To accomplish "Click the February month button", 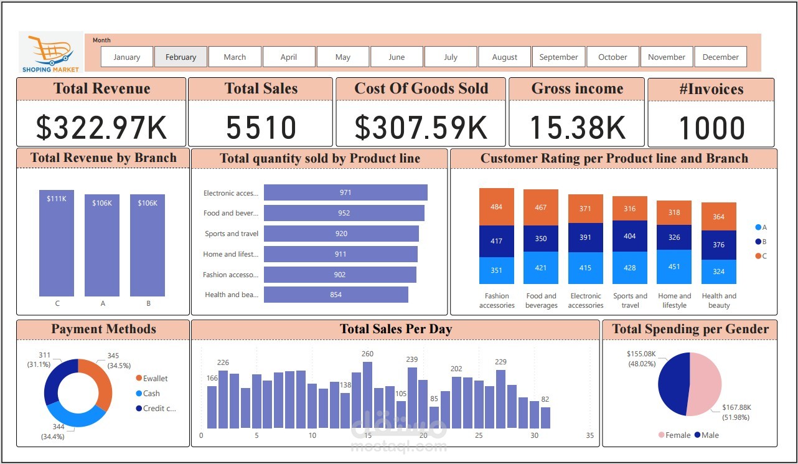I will click(x=181, y=57).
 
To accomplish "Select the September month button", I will click(x=558, y=57).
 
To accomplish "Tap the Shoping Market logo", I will click(x=51, y=52).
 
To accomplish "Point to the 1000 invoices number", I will click(x=711, y=128).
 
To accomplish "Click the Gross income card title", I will click(x=577, y=89).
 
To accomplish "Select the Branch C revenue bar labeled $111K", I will click(x=57, y=243).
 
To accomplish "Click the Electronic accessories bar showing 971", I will click(x=345, y=192).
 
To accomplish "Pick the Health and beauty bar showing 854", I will click(x=336, y=295).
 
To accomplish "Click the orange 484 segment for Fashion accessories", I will click(x=496, y=207).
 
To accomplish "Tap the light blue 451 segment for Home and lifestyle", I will click(x=674, y=267).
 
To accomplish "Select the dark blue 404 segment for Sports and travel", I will click(x=630, y=236).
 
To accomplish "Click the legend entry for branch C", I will click(x=761, y=255).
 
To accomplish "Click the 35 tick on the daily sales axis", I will click(x=589, y=435).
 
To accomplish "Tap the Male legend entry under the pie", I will click(x=706, y=435).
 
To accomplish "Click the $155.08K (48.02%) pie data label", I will click(x=641, y=358).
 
